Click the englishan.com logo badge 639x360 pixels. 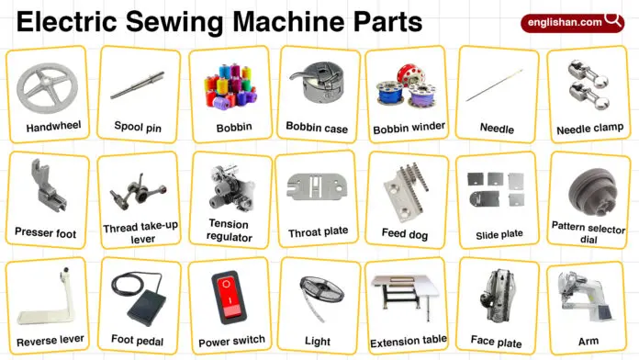pyautogui.click(x=575, y=22)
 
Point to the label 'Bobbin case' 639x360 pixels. pyautogui.click(x=317, y=129)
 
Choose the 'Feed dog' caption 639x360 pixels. pyautogui.click(x=406, y=233)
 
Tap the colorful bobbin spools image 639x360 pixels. pyautogui.click(x=228, y=85)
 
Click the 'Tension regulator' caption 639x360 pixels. pyautogui.click(x=229, y=231)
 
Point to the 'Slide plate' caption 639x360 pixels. pyautogui.click(x=499, y=234)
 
